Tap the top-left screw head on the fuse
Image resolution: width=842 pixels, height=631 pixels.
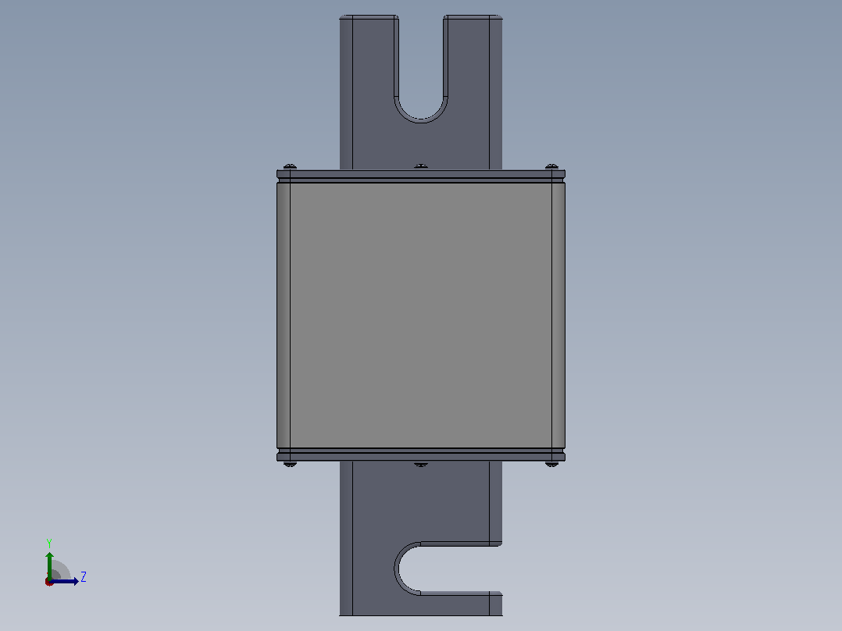pyautogui.click(x=290, y=167)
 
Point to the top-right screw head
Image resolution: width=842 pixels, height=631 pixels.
pyautogui.click(x=551, y=167)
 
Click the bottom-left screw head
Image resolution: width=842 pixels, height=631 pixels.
pyautogui.click(x=290, y=464)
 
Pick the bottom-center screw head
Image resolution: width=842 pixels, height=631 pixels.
pyautogui.click(x=421, y=464)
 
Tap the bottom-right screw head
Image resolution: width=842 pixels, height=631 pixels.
pyautogui.click(x=551, y=464)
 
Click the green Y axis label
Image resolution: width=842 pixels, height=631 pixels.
pyautogui.click(x=49, y=544)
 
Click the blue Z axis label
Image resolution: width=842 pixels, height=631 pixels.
pyautogui.click(x=84, y=577)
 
